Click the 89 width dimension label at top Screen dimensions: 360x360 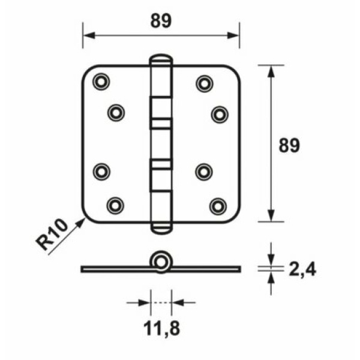click(161, 21)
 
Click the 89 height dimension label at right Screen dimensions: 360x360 click(289, 145)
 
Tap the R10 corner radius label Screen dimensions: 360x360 click(52, 234)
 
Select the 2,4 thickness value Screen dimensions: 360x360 click(302, 269)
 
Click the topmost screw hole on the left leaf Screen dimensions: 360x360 click(101, 82)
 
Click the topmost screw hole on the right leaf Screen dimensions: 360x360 click(205, 83)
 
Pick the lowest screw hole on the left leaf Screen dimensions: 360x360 click(115, 205)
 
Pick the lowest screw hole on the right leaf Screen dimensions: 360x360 click(218, 206)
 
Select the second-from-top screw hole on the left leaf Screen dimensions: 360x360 click(116, 113)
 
